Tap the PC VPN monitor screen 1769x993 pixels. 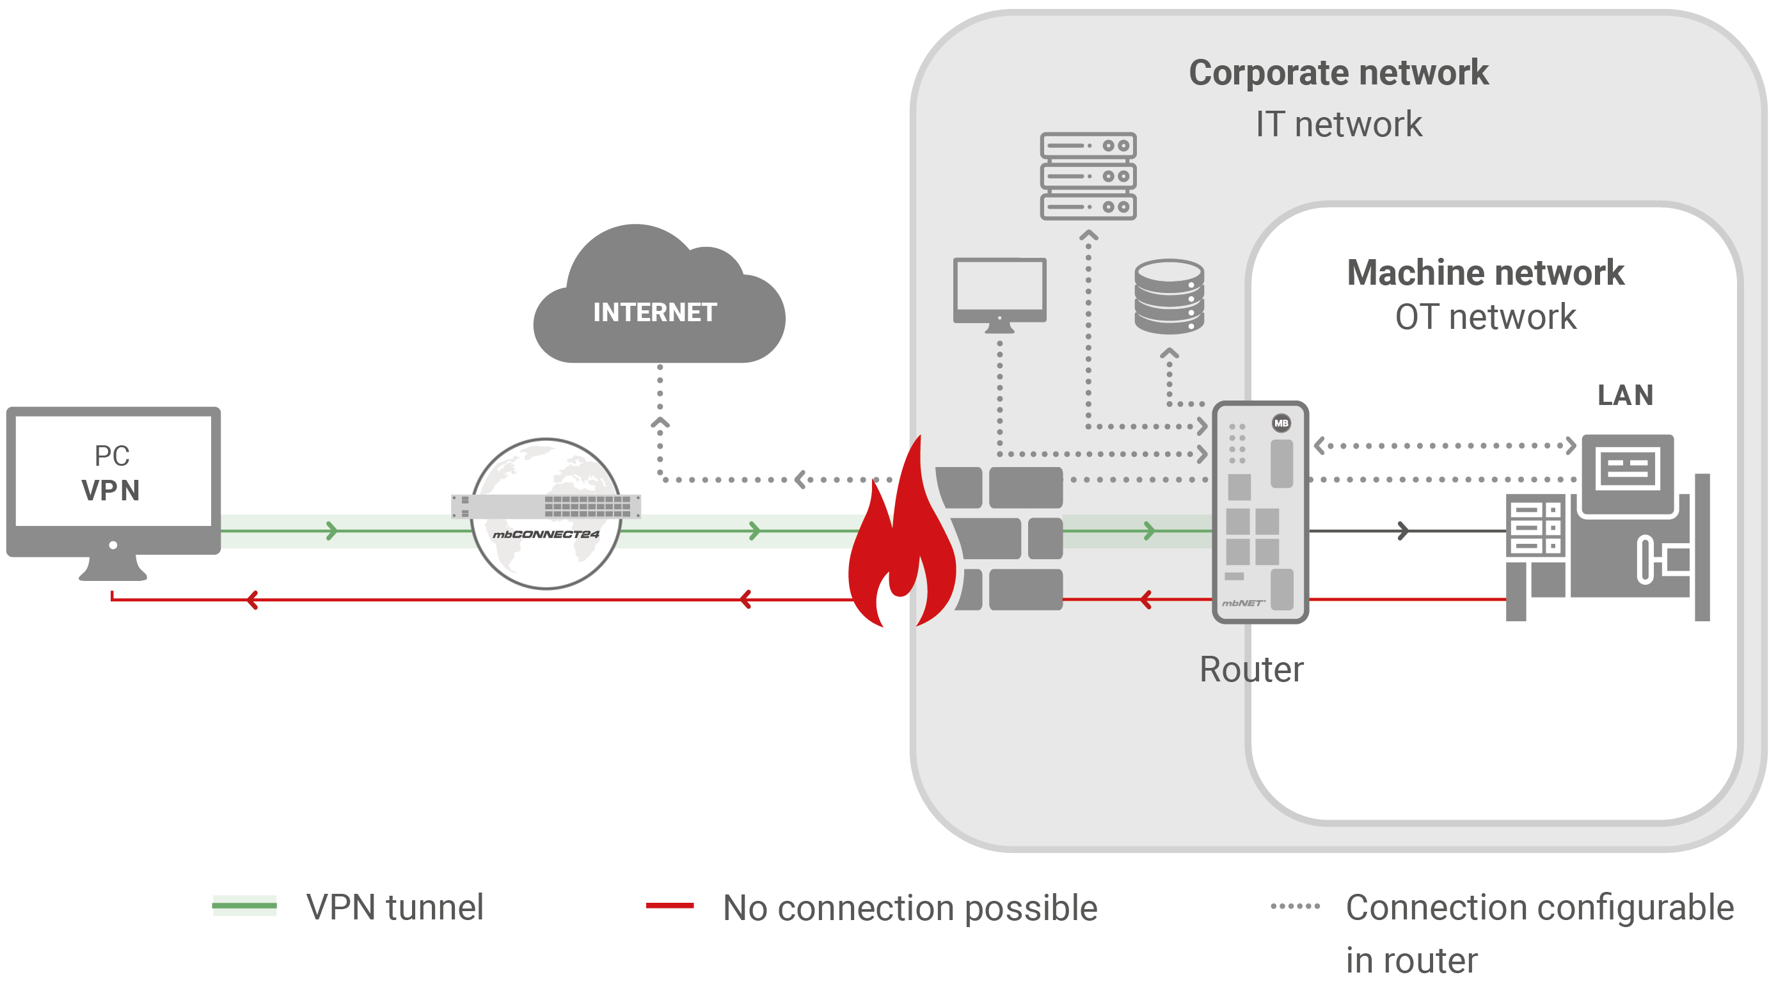pos(113,471)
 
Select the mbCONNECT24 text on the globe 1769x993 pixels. pos(546,534)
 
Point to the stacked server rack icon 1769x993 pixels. pos(1088,176)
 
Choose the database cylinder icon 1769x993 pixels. pos(1169,297)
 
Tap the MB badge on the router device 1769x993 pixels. pos(1281,423)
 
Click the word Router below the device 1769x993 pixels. pos(1251,669)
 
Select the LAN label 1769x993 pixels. pos(1625,395)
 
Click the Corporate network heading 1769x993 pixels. pos(1338,73)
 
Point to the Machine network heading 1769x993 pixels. pos(1486,273)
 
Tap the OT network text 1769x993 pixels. pos(1486,317)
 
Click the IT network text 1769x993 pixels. pos(1338,124)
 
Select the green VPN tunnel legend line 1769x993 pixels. pos(244,906)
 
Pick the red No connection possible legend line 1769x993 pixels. pos(670,906)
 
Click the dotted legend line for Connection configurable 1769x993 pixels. pos(1295,907)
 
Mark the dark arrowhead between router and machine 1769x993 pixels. pos(1403,531)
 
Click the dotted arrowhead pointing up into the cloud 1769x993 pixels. pos(660,422)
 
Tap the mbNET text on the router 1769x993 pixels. pos(1243,603)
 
